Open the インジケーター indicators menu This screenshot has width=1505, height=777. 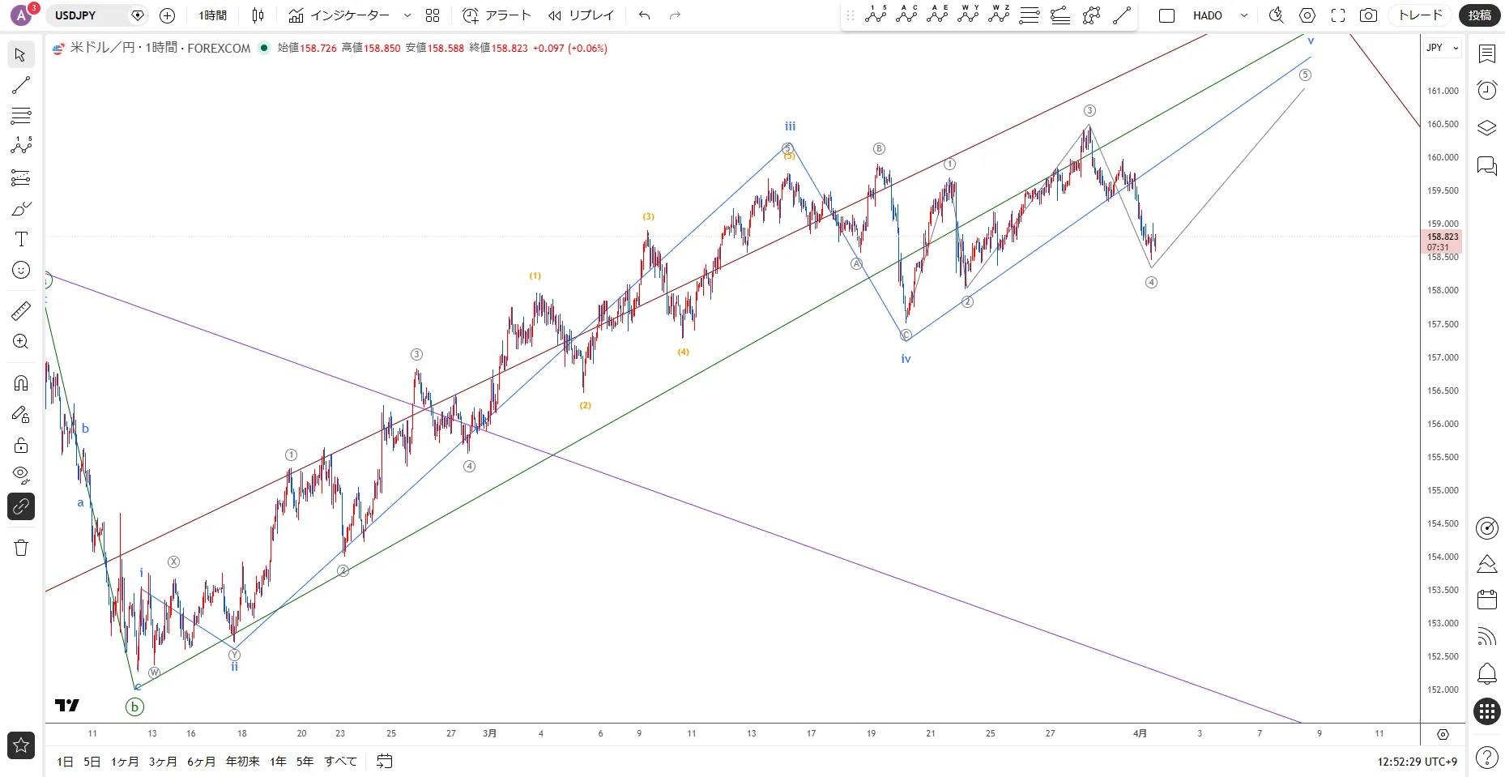click(x=340, y=15)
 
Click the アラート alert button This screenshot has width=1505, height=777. click(x=497, y=15)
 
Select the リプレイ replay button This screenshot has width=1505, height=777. click(x=581, y=15)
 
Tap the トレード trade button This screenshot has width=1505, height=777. click(x=1420, y=15)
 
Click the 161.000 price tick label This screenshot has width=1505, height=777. click(x=1443, y=91)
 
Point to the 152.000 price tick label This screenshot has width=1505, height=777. click(x=1443, y=689)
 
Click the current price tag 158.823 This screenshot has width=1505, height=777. click(x=1443, y=237)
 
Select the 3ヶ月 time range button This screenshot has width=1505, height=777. click(x=163, y=762)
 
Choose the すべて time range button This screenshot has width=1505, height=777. click(x=340, y=762)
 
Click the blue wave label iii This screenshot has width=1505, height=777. click(x=790, y=126)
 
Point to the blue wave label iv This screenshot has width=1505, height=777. click(x=906, y=359)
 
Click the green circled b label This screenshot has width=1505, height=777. click(x=134, y=707)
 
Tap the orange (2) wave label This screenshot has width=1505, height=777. click(x=585, y=405)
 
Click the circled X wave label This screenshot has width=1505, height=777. click(x=173, y=561)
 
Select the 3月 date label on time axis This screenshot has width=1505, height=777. click(x=489, y=733)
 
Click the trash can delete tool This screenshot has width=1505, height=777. click(x=21, y=548)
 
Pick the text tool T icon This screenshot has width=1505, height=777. click(x=21, y=239)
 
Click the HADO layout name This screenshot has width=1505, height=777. click(x=1207, y=15)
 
